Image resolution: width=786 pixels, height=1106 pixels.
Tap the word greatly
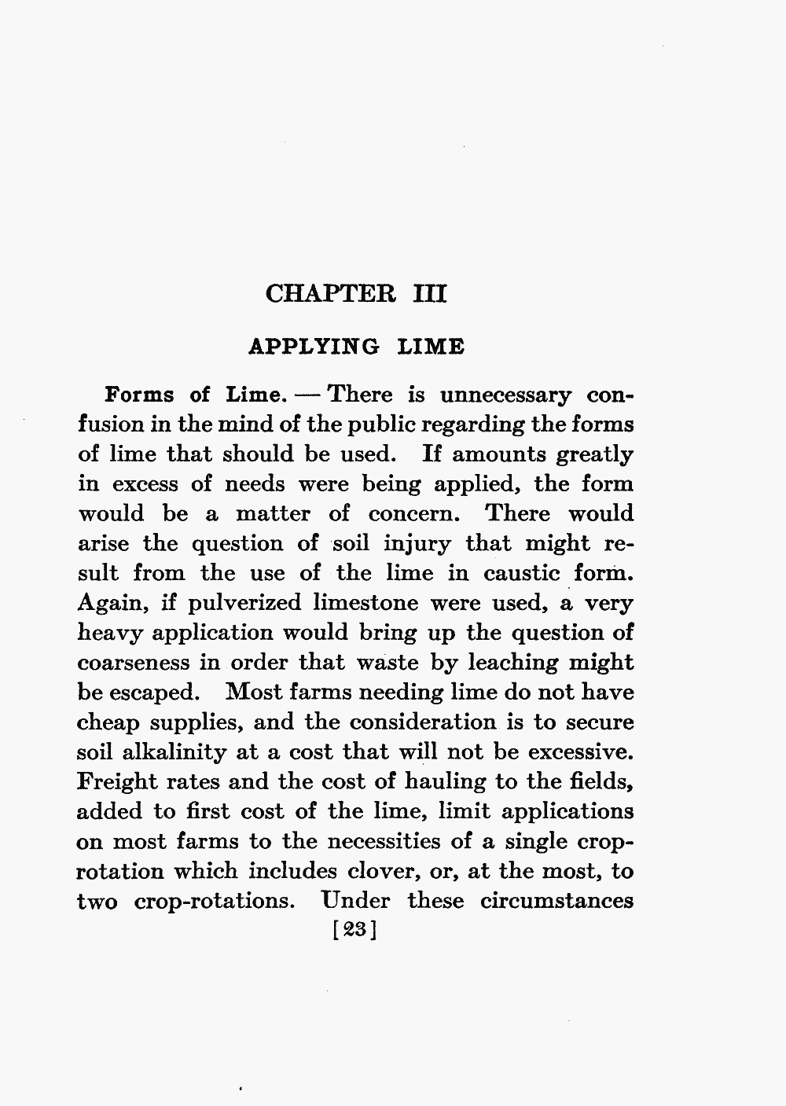tap(594, 454)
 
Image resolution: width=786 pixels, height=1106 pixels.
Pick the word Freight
tap(118, 782)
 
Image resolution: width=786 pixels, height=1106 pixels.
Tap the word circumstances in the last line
tap(556, 901)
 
